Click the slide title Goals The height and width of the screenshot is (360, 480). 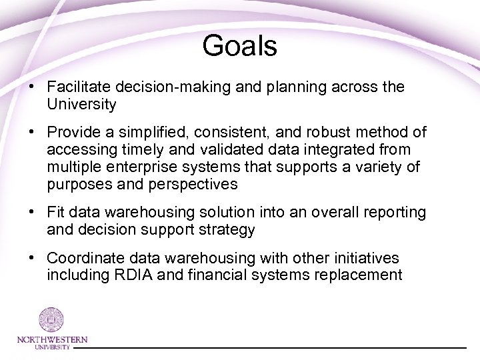tap(239, 46)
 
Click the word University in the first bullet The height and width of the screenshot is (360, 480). tap(81, 105)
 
